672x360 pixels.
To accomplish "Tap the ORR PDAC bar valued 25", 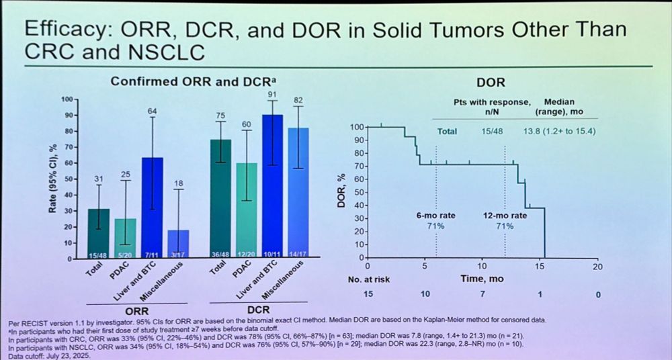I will tap(126, 235).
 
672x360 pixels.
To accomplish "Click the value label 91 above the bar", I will tap(272, 94).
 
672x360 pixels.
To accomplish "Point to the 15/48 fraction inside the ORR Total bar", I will tap(99, 254).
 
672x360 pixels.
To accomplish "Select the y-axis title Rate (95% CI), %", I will tap(52, 178).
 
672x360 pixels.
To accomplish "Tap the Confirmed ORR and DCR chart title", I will tap(193, 81).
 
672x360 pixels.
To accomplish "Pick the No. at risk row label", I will tap(368, 279).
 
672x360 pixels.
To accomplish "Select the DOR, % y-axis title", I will tap(341, 191).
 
